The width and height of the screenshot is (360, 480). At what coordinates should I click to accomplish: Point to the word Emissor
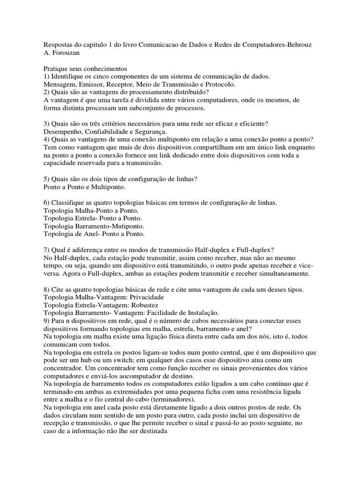pyautogui.click(x=88, y=84)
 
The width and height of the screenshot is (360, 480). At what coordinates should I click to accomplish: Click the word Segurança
pyautogui.click(x=146, y=132)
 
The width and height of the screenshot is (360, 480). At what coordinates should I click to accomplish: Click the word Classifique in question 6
pyautogui.click(x=68, y=203)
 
